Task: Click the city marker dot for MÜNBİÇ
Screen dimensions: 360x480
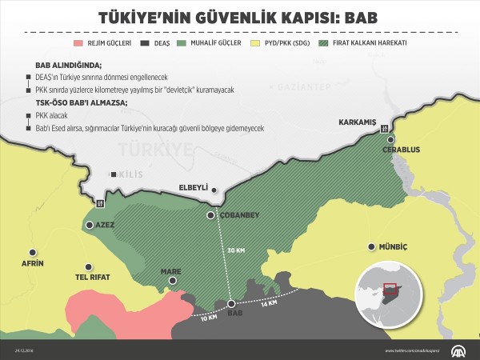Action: click(x=370, y=246)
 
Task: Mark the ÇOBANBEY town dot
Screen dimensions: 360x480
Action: click(x=210, y=215)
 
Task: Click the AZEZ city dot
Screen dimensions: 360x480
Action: click(x=89, y=225)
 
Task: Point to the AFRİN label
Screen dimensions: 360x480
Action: click(x=32, y=263)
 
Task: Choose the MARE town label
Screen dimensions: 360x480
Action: click(x=170, y=272)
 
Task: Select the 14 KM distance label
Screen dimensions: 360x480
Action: click(x=269, y=302)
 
